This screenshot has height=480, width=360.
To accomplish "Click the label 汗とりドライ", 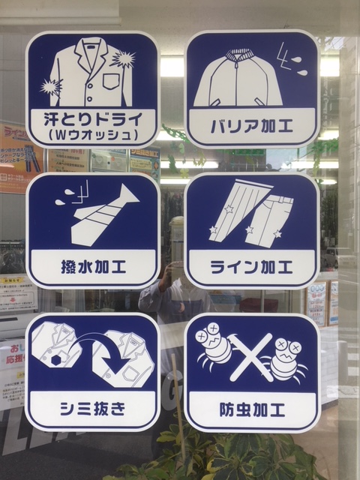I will click(x=92, y=118).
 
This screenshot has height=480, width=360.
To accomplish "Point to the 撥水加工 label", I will click(x=92, y=266).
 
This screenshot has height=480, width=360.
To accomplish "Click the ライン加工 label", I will click(x=251, y=266).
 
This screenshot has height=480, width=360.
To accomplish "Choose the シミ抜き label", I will click(x=92, y=410).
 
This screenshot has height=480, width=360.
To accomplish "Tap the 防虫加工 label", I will click(x=251, y=410).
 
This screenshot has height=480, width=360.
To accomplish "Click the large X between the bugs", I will click(x=252, y=356).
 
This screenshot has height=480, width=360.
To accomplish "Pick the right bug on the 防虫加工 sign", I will click(x=289, y=358).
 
